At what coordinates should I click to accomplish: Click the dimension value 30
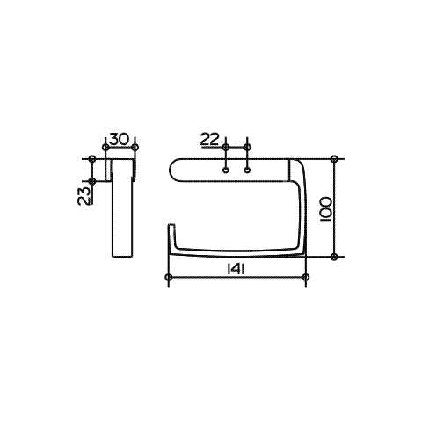click(119, 139)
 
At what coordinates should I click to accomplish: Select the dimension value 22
click(210, 139)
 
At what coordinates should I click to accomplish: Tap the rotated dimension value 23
click(84, 195)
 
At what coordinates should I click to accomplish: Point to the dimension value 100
click(325, 209)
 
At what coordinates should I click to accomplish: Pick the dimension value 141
click(236, 269)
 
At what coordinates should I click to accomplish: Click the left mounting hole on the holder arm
click(226, 171)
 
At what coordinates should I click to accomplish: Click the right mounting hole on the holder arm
click(247, 171)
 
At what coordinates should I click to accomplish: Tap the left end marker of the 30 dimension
click(105, 147)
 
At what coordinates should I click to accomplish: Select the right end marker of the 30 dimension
click(135, 147)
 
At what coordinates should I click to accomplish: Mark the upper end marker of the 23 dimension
click(92, 159)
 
